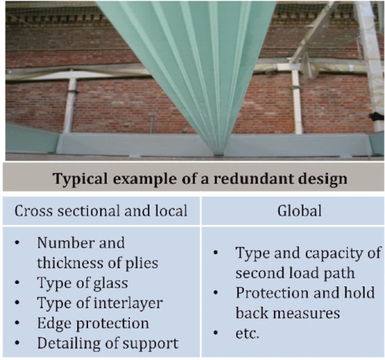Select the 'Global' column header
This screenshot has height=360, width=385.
tap(292, 210)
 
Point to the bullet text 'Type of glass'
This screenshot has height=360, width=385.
tap(82, 284)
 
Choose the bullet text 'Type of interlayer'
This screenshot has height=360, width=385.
tap(99, 303)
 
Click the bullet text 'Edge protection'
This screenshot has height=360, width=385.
tap(93, 323)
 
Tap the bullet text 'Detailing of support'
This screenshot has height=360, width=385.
tap(107, 343)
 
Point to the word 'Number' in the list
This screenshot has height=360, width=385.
tap(63, 244)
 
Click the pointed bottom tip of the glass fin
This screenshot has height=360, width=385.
tap(219, 152)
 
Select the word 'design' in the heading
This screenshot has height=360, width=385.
tap(323, 178)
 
